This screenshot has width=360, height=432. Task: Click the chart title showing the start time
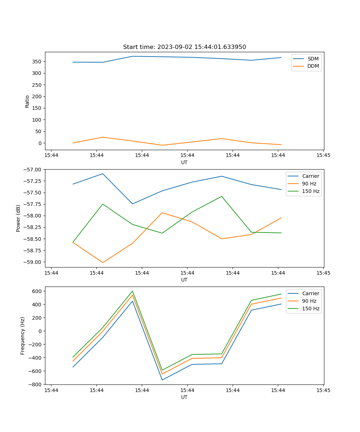click(184, 47)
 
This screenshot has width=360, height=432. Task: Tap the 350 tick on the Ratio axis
click(36, 62)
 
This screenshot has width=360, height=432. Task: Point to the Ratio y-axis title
click(27, 101)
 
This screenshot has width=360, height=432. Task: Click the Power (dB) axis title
click(18, 218)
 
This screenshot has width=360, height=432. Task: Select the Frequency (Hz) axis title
click(23, 336)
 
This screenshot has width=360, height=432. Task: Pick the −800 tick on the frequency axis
click(35, 384)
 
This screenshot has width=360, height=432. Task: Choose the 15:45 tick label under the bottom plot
click(323, 390)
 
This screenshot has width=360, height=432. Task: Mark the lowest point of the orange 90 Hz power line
click(103, 262)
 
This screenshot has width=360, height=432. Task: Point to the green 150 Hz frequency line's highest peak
click(132, 291)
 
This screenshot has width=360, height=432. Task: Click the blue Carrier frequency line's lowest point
click(162, 380)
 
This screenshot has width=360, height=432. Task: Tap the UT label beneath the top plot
click(184, 162)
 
